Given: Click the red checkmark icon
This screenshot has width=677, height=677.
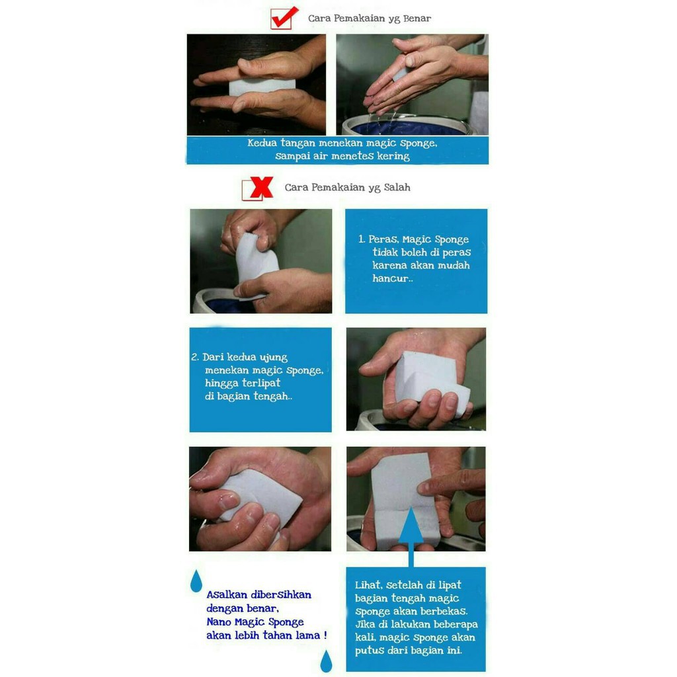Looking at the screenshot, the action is pyautogui.click(x=284, y=17).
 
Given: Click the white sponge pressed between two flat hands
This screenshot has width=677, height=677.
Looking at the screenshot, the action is pyautogui.click(x=262, y=87).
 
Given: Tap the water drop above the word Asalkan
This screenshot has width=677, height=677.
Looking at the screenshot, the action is pyautogui.click(x=196, y=580).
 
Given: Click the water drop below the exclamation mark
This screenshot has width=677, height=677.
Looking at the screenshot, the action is pyautogui.click(x=326, y=661).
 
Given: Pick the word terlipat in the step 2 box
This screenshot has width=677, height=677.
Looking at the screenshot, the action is pyautogui.click(x=260, y=383).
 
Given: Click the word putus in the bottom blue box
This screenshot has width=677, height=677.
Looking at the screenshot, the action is pyautogui.click(x=369, y=651).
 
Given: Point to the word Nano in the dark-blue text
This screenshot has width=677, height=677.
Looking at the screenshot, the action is pyautogui.click(x=218, y=621).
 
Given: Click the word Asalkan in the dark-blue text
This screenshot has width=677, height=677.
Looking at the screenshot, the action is pyautogui.click(x=227, y=594).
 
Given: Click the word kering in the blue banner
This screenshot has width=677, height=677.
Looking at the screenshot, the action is pyautogui.click(x=393, y=156).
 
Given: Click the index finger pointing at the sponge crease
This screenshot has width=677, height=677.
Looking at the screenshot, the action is pyautogui.click(x=449, y=483).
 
